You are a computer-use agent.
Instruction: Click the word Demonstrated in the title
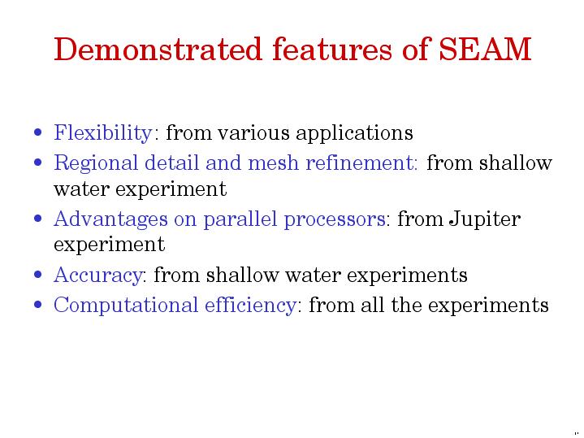(158, 49)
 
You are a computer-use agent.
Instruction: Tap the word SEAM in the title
(485, 49)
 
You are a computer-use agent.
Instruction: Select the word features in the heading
(332, 49)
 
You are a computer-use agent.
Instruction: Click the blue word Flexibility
(103, 133)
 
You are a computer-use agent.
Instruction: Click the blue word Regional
(96, 163)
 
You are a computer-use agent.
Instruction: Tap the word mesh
(274, 163)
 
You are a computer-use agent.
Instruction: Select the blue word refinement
(360, 163)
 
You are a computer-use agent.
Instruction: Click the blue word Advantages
(110, 219)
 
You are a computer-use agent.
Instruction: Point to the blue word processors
(335, 219)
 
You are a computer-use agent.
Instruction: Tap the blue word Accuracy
(98, 275)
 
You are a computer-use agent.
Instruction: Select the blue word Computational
(126, 306)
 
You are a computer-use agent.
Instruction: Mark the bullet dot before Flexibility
(37, 132)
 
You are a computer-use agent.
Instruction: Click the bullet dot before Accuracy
(37, 275)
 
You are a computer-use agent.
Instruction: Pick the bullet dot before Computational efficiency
(37, 304)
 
